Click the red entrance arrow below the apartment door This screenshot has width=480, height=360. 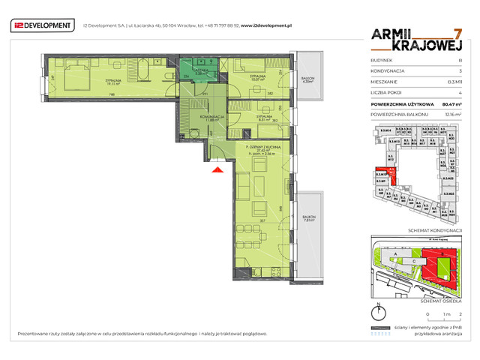[x=217, y=171]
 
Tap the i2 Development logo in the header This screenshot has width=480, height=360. [x=43, y=25]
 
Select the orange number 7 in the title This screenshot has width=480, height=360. [x=457, y=34]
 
